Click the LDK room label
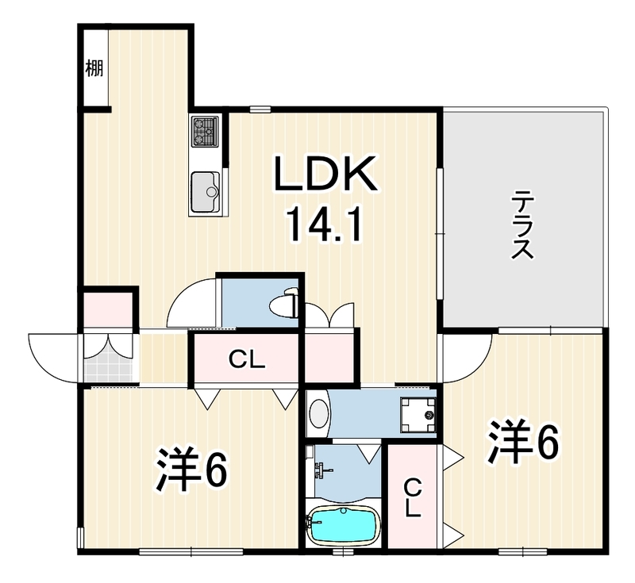[x=325, y=174]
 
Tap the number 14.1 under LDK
[x=324, y=226]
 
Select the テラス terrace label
[x=522, y=224]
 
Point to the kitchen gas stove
[x=206, y=131]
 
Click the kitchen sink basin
[x=206, y=192]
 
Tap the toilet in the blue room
[x=286, y=302]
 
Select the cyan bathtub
[x=344, y=524]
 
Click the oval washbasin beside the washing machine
[x=319, y=413]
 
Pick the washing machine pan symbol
[x=418, y=414]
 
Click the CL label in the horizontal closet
[x=247, y=359]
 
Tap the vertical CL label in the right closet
[x=413, y=497]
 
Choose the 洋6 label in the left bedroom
[x=191, y=470]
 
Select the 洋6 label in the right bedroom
[x=524, y=441]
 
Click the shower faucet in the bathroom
[x=323, y=470]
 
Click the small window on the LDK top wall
[x=260, y=109]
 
